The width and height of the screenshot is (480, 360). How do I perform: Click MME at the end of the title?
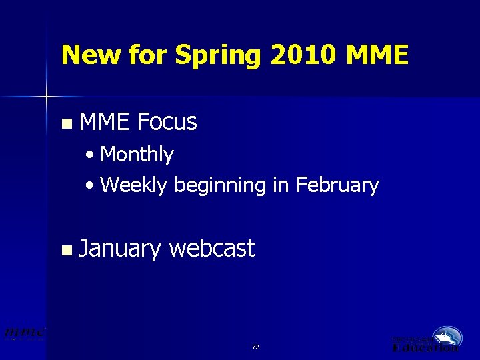(377, 55)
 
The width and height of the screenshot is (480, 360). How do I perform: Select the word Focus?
(167, 122)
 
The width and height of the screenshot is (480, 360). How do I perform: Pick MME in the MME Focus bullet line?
(104, 122)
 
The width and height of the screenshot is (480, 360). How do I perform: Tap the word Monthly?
(137, 155)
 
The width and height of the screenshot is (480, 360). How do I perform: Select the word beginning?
(221, 185)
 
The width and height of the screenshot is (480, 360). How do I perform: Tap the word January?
(119, 249)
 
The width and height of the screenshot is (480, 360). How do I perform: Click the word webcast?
(212, 249)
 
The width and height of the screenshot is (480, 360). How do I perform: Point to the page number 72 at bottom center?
(255, 347)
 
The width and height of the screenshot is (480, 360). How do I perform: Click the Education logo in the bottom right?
(427, 340)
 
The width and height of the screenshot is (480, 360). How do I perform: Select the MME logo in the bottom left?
(25, 333)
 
